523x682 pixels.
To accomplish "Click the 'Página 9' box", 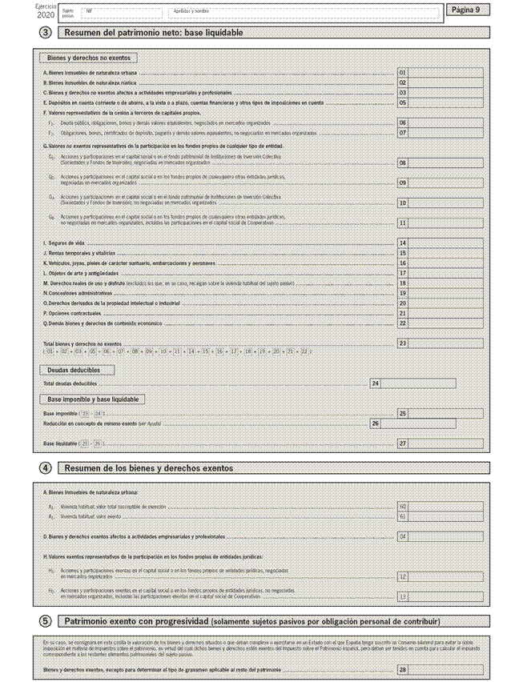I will pos(465,10).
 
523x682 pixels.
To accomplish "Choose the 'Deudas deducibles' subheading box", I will pos(77,370).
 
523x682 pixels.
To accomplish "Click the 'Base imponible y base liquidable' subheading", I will pos(92,399).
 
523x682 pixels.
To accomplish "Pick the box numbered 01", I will pos(403,73).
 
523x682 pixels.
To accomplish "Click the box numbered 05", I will pos(403,102).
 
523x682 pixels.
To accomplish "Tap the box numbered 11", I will pos(403,223).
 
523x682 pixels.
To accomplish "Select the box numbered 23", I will pos(403,343).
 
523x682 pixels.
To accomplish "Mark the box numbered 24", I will pos(375,384).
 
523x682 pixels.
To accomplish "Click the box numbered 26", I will pos(375,423).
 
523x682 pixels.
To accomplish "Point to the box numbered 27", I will pos(403,443).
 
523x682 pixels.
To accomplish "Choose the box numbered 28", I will pos(403,669).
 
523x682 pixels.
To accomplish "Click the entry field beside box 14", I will pos(446,243).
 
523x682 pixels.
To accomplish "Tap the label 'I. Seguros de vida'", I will pos(64,243).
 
